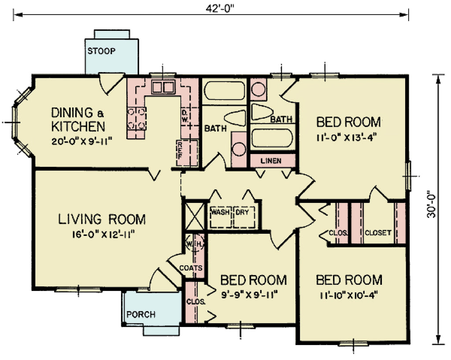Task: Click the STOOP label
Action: click(101, 51)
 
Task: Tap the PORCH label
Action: click(141, 314)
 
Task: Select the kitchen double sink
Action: click(163, 87)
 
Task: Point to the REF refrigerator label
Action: click(180, 149)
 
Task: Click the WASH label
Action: click(220, 212)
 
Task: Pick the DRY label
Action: click(242, 212)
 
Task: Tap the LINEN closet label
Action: click(271, 161)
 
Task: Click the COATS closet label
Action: click(191, 268)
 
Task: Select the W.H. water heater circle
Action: click(195, 243)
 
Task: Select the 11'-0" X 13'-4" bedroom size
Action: click(348, 136)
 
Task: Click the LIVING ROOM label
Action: click(102, 219)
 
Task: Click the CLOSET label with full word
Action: click(378, 233)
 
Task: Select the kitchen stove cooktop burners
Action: click(136, 119)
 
